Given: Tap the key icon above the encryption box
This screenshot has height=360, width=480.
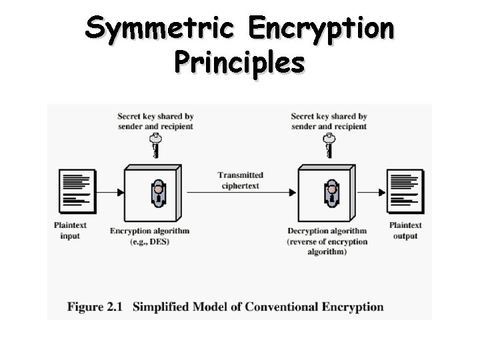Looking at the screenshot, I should (x=155, y=145).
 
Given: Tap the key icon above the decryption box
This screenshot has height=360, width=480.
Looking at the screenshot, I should (x=328, y=145).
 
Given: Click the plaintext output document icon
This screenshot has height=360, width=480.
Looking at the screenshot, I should (x=405, y=190).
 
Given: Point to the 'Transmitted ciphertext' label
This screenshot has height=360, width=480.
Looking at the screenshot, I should (x=240, y=180).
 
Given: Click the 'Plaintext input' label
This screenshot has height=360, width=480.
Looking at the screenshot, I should (x=70, y=231).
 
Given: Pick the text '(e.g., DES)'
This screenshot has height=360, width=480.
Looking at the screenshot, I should (x=150, y=241).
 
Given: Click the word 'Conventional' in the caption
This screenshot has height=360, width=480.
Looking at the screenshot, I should (x=284, y=307).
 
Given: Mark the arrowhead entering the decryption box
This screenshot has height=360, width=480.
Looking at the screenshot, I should (x=292, y=192).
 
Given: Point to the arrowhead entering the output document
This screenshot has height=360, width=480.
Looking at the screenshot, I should (x=382, y=192).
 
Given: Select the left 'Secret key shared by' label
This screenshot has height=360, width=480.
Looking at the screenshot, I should (x=155, y=117).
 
